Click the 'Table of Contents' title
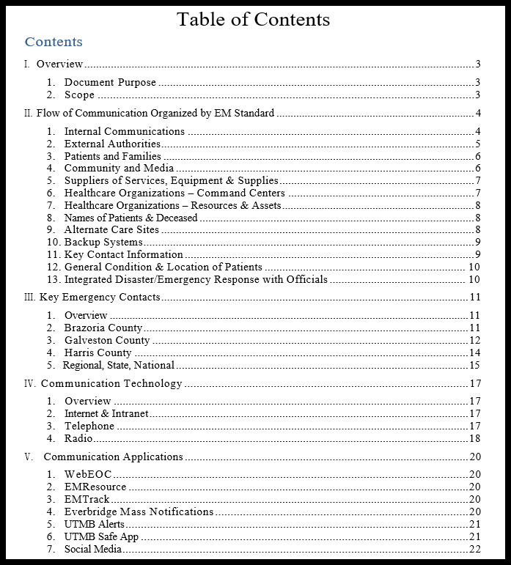[x=253, y=19]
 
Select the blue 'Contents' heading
[x=54, y=42]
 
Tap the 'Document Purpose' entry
[x=110, y=83]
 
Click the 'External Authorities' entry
[x=112, y=144]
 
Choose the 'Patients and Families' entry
[x=112, y=156]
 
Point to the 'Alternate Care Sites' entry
[x=111, y=230]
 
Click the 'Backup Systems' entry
[x=103, y=243]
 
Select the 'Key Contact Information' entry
[x=123, y=255]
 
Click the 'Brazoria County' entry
[x=103, y=328]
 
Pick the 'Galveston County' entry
[x=107, y=341]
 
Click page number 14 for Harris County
[x=474, y=353]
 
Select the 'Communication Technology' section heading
[x=111, y=384]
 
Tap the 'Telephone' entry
[x=89, y=426]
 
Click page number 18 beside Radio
[x=474, y=439]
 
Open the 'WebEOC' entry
[x=88, y=475]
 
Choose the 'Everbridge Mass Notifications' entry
[x=139, y=512]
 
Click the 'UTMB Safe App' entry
[x=101, y=537]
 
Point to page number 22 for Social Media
[x=474, y=550]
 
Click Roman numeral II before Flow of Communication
[x=29, y=114]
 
